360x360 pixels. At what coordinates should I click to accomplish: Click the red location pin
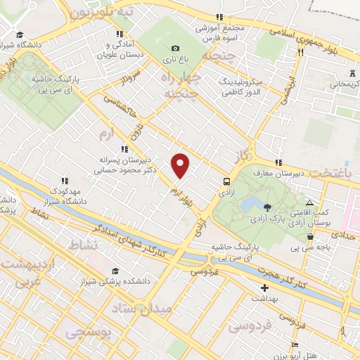[181, 165]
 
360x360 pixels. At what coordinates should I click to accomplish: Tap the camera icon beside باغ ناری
[174, 48]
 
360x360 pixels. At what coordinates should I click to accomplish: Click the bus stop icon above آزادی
[226, 179]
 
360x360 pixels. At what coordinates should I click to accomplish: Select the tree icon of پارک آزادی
[268, 206]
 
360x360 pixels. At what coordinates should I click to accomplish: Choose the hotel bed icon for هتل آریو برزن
[295, 344]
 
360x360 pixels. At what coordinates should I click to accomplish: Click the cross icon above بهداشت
[264, 288]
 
